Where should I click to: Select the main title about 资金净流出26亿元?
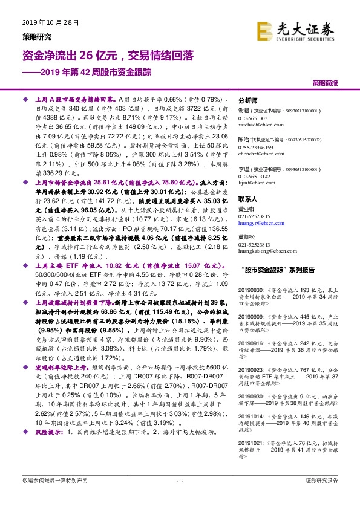pos(108,56)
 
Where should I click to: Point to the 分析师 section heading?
pos(248,101)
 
